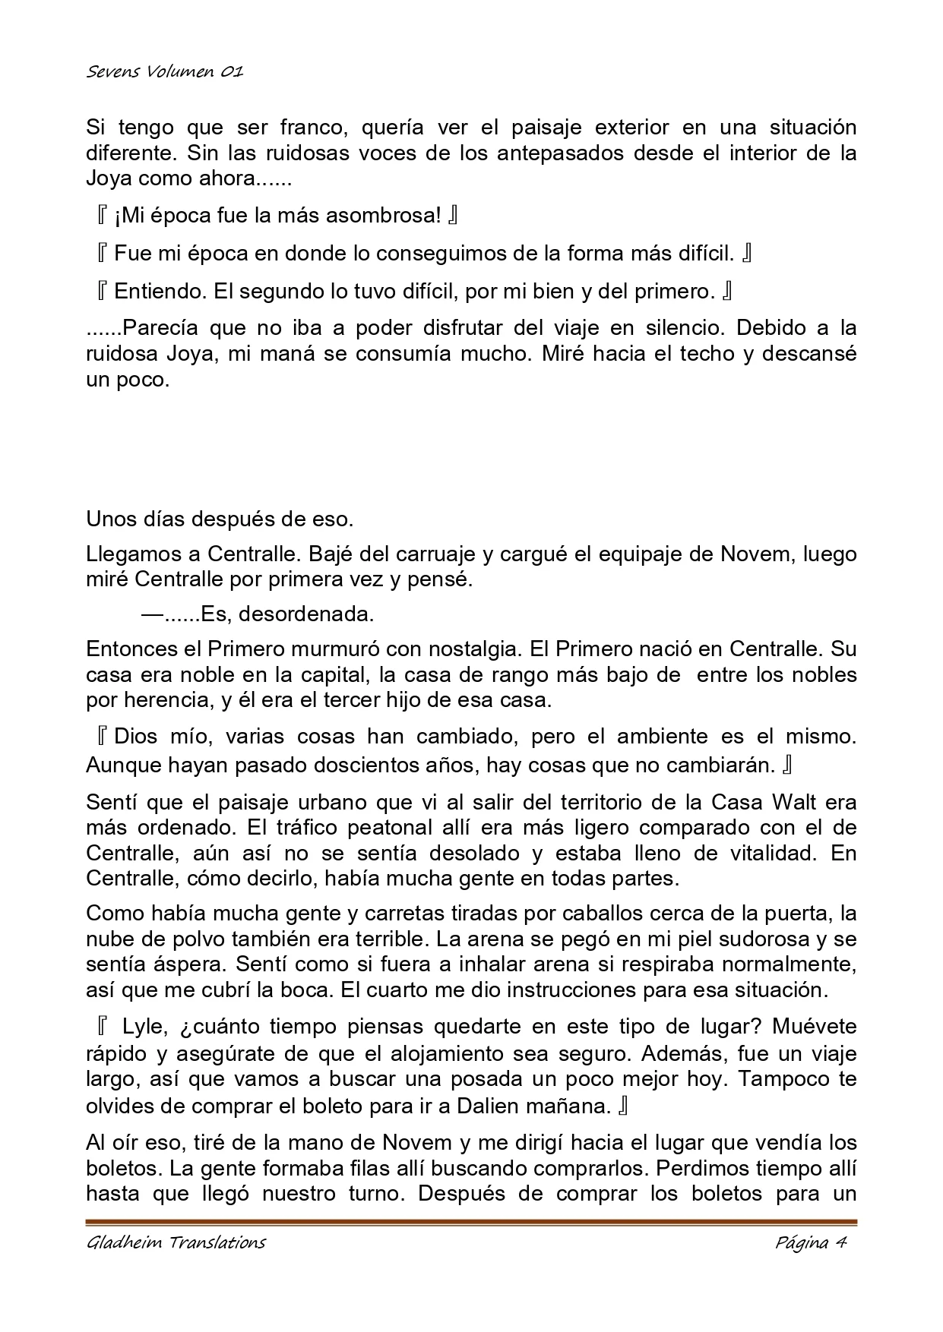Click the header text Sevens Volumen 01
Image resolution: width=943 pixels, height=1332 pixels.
click(164, 72)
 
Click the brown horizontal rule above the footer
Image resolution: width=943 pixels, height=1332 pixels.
click(471, 1222)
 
